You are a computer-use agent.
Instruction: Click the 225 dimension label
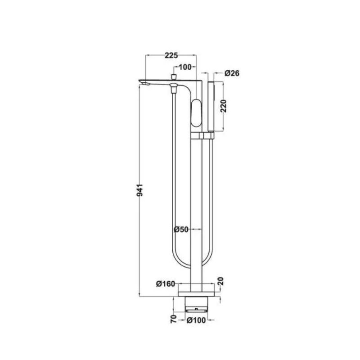(171, 55)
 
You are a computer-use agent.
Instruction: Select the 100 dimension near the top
(185, 67)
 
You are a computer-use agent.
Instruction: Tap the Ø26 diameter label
(232, 73)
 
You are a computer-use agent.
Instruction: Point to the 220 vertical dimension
(223, 106)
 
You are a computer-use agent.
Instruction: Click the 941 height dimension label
(139, 190)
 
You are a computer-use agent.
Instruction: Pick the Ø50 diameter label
(181, 229)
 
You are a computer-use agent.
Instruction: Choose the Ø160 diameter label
(166, 284)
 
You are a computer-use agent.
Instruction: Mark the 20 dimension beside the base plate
(220, 281)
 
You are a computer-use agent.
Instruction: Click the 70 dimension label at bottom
(174, 319)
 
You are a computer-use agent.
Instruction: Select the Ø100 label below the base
(196, 320)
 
